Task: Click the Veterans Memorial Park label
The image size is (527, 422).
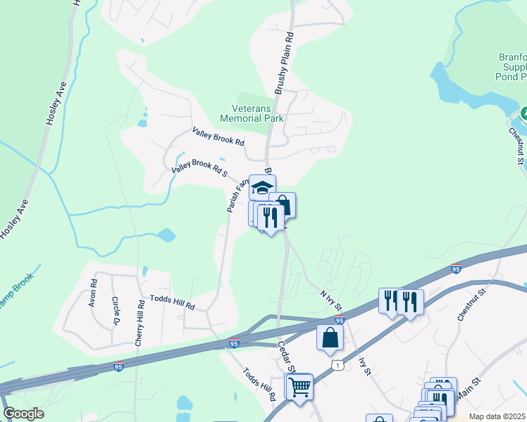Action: click(257, 113)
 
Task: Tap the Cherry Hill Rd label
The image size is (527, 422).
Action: click(140, 323)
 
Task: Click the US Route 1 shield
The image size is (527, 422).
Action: click(339, 366)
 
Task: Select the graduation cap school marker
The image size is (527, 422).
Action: click(262, 188)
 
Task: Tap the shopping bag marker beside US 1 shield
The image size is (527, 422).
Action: click(330, 337)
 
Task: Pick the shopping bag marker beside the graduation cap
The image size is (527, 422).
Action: click(283, 205)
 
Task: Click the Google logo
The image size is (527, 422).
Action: click(23, 414)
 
